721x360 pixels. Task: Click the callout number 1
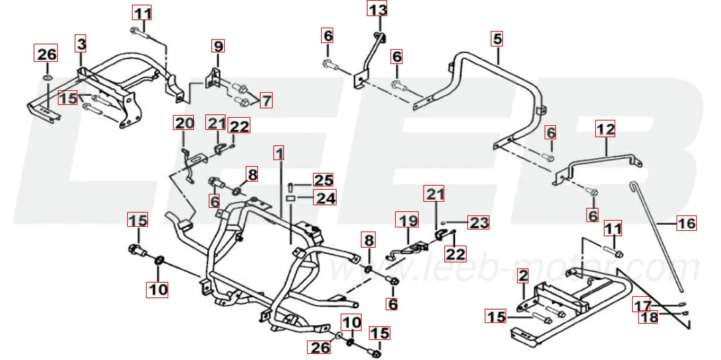coord(279,153)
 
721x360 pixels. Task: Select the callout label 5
coord(497,38)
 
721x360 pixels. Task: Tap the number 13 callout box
coord(378,9)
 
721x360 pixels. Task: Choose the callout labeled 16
coord(686,223)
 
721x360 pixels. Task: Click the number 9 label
coord(218,46)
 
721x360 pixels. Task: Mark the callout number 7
coord(267,101)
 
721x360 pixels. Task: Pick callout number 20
coord(184,123)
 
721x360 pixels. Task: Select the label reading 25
coord(324,180)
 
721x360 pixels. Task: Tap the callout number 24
coord(326,199)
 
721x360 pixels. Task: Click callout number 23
coord(479,223)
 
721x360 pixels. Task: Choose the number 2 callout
coord(522,275)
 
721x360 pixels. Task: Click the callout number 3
coord(81,44)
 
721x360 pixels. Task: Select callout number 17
coord(642,306)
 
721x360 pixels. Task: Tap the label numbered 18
coord(648,318)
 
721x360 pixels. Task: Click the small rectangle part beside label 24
coord(290,199)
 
